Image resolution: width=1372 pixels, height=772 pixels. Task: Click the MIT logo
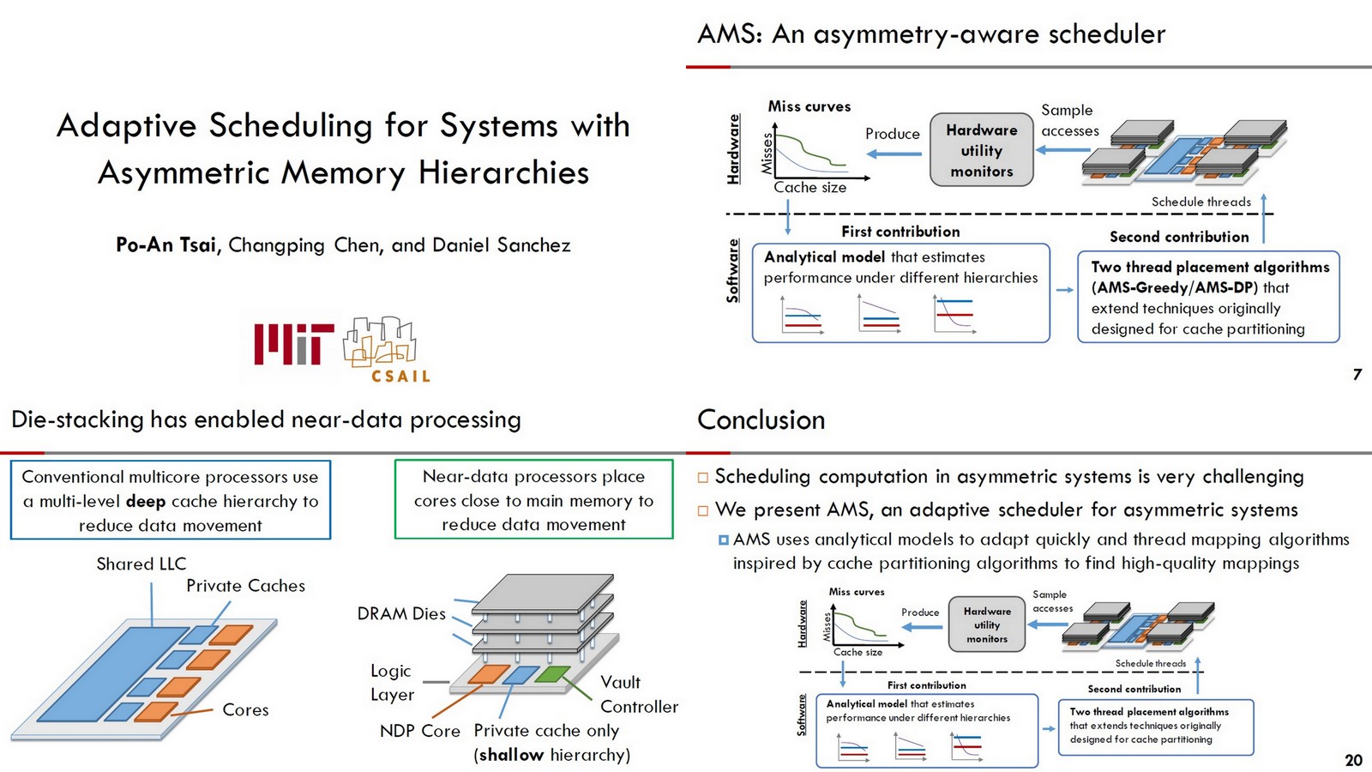click(x=293, y=344)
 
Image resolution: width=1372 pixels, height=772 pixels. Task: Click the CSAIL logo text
click(x=400, y=376)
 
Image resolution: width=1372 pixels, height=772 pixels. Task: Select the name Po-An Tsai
click(x=167, y=245)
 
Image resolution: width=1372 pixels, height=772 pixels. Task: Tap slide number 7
click(x=1357, y=374)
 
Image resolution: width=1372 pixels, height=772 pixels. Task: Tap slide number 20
click(x=1353, y=760)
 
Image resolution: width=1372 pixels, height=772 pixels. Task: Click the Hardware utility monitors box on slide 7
click(x=981, y=150)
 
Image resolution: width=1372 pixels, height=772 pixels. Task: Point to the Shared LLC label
click(x=141, y=564)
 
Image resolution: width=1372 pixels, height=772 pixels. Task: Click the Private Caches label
click(x=245, y=586)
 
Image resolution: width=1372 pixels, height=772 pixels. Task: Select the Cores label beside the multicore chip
click(x=245, y=710)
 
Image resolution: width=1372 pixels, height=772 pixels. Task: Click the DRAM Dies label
click(x=401, y=613)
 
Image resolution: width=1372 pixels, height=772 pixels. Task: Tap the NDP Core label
click(x=419, y=731)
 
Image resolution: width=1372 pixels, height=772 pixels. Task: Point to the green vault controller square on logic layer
click(x=552, y=674)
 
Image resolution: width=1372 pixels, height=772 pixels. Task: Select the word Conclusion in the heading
click(x=761, y=419)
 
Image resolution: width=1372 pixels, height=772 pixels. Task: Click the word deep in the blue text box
click(x=145, y=501)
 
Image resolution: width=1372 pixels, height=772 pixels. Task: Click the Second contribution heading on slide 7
click(x=1178, y=237)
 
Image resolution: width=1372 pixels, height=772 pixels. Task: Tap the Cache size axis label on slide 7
click(x=809, y=187)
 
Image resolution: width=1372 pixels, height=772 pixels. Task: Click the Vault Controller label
click(x=638, y=694)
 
